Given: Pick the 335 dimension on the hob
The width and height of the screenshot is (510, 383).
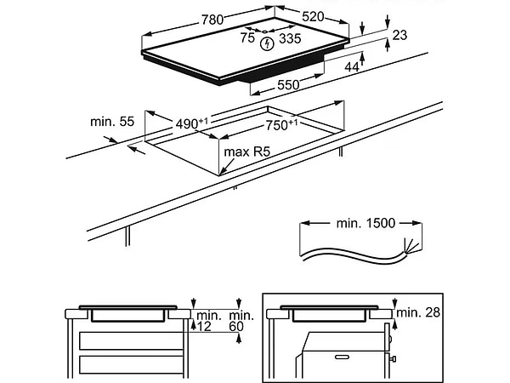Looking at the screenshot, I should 290,38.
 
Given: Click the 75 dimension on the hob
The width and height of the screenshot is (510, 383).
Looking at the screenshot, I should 247,38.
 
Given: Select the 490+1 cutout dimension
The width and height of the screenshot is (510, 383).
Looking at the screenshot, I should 192,123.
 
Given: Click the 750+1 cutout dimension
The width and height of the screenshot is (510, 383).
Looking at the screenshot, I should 280,125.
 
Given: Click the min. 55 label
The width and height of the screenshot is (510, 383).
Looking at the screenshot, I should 112,123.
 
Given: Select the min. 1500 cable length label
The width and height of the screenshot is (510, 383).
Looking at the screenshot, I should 365,223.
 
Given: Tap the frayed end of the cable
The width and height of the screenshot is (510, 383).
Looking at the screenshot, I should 414,246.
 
